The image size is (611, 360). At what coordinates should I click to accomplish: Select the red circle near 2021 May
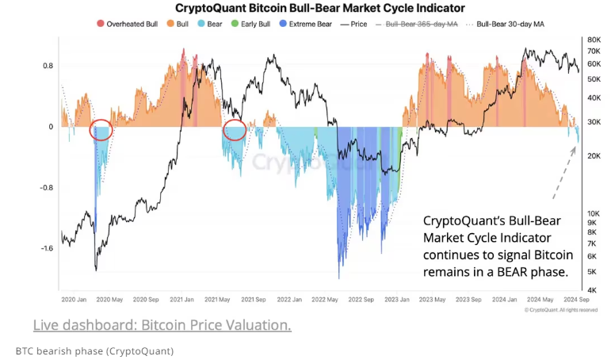click(x=235, y=131)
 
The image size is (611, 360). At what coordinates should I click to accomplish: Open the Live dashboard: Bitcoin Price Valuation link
click(x=162, y=325)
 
